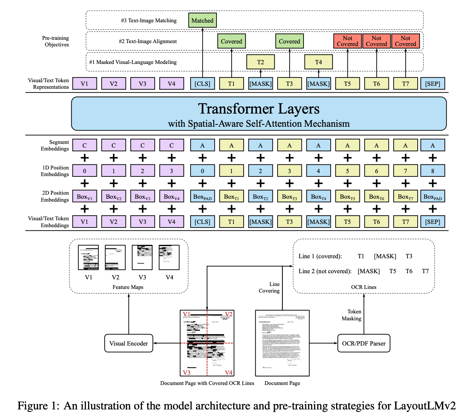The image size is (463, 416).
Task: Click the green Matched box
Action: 202,20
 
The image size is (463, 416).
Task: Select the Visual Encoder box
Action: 128,343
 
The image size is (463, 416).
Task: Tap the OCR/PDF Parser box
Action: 364,343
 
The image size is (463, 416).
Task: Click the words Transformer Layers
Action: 259,109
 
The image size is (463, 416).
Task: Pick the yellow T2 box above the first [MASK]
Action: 260,62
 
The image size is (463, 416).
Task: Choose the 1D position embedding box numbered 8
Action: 433,171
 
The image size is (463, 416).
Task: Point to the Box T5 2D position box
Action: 347,196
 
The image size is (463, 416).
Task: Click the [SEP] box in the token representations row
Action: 433,84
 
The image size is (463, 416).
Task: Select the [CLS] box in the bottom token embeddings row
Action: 202,222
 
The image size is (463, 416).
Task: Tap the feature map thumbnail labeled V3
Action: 142,257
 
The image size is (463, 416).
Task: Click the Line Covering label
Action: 270,287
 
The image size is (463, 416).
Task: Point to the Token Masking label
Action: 352,315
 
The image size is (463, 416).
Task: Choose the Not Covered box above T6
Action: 376,41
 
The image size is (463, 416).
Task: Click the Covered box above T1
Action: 231,41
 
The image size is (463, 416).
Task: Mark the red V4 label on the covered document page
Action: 229,373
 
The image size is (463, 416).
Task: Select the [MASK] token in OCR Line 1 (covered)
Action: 385,256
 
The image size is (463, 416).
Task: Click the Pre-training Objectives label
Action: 56,41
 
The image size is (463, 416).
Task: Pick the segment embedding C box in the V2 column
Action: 113,145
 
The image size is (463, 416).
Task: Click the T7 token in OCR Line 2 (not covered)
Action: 425,271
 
